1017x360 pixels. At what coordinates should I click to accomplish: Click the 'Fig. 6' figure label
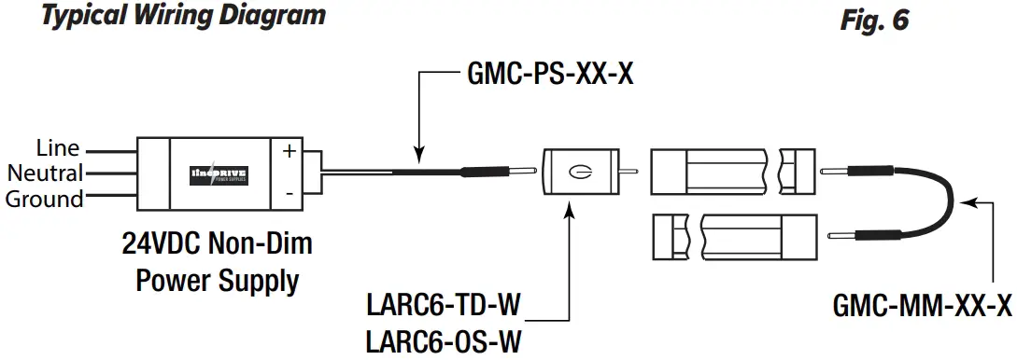tap(874, 20)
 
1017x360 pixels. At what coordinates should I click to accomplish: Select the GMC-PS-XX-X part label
tap(549, 74)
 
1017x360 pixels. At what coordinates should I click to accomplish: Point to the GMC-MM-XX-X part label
tap(921, 306)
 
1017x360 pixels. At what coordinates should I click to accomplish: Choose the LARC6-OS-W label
tap(445, 341)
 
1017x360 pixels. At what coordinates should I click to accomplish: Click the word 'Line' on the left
tap(58, 148)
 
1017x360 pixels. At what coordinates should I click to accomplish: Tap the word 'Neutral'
tap(46, 173)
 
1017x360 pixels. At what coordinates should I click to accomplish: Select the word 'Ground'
tap(45, 199)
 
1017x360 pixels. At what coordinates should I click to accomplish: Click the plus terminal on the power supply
tap(290, 152)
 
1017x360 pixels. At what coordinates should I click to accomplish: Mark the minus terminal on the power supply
tap(290, 193)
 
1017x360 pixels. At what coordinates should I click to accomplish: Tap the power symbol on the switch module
tap(580, 172)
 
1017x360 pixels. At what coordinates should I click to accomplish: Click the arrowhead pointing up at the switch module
tap(569, 215)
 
